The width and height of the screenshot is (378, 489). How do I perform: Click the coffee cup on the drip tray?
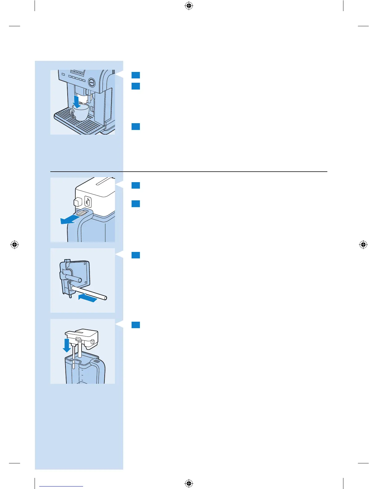pos(81,113)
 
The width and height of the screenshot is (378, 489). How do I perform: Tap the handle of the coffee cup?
pos(72,113)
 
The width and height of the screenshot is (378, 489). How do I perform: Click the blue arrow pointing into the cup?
pos(76,102)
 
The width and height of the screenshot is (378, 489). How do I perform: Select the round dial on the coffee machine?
pos(92,82)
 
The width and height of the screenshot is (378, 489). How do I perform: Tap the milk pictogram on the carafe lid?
pos(88,202)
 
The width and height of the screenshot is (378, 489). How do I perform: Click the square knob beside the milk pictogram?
pos(77,202)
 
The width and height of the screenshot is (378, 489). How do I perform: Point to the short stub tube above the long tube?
pos(76,279)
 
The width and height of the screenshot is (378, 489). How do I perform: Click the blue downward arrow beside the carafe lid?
pos(66,345)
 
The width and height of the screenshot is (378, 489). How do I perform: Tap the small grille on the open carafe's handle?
pos(97,361)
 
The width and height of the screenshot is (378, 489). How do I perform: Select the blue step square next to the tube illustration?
pos(136,255)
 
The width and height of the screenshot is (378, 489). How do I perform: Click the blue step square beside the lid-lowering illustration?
pos(136,325)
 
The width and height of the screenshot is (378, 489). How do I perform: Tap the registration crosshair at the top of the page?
pos(189,6)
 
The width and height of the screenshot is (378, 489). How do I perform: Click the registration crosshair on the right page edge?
pos(363,245)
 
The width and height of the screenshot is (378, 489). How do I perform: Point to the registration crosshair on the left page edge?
pos(15,245)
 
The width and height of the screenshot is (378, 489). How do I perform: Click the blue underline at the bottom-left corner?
pos(61,486)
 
